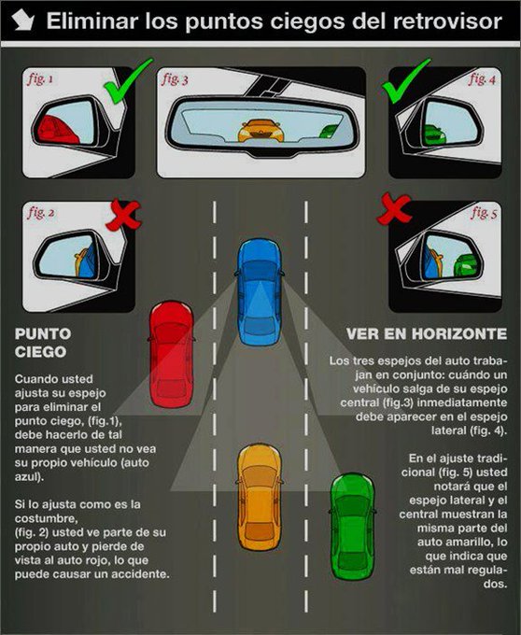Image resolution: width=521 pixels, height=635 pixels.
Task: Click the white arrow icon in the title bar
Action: [22, 21]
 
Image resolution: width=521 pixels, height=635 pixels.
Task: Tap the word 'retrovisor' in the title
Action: [447, 21]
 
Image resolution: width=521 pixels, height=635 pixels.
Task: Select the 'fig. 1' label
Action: [40, 78]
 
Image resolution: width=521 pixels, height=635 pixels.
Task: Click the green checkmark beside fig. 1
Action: [128, 81]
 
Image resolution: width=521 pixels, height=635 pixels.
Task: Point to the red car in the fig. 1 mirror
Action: [57, 130]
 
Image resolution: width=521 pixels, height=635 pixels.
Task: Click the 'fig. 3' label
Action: [175, 79]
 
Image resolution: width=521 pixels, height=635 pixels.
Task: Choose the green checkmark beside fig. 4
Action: [406, 81]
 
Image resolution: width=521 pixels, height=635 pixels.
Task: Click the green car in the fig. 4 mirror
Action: [435, 135]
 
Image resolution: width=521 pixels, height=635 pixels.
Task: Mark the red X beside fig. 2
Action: [123, 215]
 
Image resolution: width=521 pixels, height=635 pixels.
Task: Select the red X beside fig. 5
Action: [393, 208]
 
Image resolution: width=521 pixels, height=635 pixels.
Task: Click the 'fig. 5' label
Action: [484, 212]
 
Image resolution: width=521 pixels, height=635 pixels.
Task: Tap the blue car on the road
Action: [259, 291]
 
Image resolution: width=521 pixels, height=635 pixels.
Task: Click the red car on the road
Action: [171, 354]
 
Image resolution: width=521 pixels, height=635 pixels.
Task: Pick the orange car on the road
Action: [260, 497]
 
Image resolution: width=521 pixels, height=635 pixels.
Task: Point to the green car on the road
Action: [352, 527]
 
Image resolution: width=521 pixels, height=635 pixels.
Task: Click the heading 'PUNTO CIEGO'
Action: [43, 343]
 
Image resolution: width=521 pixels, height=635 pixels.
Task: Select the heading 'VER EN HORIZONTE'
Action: [427, 334]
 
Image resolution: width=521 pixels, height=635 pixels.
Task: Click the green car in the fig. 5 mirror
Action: [466, 265]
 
